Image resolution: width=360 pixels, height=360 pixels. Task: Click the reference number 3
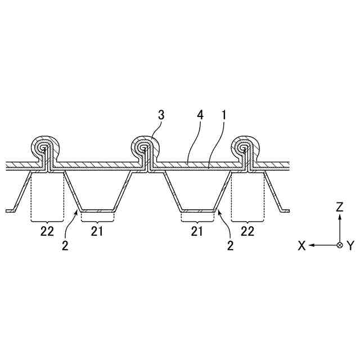click(161, 115)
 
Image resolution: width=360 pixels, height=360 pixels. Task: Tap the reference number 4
click(201, 115)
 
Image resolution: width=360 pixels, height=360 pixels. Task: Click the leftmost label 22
click(47, 230)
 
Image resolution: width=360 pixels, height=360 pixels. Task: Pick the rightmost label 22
click(248, 230)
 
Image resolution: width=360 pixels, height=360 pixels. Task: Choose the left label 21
click(97, 230)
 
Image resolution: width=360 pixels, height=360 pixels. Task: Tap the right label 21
click(197, 230)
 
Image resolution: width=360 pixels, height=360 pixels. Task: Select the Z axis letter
click(339, 207)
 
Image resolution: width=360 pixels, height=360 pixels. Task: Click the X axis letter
click(301, 246)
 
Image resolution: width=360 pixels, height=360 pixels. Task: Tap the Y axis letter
click(350, 246)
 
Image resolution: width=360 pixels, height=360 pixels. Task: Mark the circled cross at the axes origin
click(339, 245)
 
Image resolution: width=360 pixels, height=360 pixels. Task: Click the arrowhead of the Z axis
click(339, 217)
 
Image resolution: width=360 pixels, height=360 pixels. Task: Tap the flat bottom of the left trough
click(97, 211)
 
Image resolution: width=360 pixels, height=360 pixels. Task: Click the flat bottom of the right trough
click(197, 211)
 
